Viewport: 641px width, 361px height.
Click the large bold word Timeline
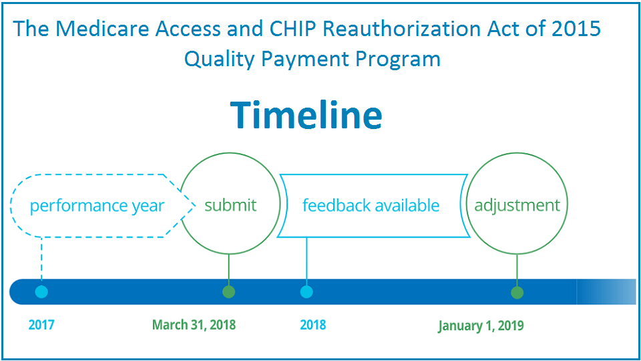pyautogui.click(x=306, y=115)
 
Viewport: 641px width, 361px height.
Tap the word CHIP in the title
pyautogui.click(x=293, y=29)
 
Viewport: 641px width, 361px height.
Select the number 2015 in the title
pyautogui.click(x=576, y=29)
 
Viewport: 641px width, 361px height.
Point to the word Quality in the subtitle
pyautogui.click(x=220, y=59)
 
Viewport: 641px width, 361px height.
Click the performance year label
pyautogui.click(x=97, y=206)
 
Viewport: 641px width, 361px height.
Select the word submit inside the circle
pyautogui.click(x=230, y=205)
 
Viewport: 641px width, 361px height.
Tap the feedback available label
pyautogui.click(x=371, y=205)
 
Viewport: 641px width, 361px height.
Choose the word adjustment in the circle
pyautogui.click(x=517, y=205)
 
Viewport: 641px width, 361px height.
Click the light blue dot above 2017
pyautogui.click(x=41, y=292)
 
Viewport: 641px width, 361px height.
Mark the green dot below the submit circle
pyautogui.click(x=228, y=292)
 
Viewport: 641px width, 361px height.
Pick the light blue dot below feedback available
pyautogui.click(x=306, y=292)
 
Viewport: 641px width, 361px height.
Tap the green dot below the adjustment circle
pyautogui.click(x=517, y=293)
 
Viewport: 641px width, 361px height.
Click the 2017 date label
pyautogui.click(x=41, y=325)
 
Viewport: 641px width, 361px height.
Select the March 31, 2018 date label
pyautogui.click(x=194, y=325)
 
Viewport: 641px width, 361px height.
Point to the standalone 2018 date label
pyautogui.click(x=313, y=325)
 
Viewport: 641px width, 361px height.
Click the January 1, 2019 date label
pyautogui.click(x=481, y=326)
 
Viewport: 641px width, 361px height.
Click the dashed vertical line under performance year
pyautogui.click(x=41, y=261)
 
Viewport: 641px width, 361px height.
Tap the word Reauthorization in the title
pyautogui.click(x=401, y=29)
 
